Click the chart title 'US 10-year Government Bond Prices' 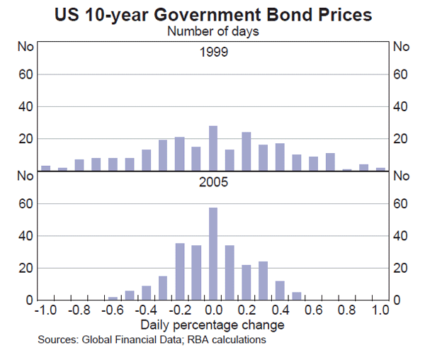click(x=212, y=13)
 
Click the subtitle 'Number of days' click(x=212, y=30)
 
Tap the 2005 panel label click(x=212, y=181)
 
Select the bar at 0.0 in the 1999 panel click(x=212, y=148)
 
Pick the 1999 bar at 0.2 click(x=246, y=151)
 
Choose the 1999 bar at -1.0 click(x=46, y=168)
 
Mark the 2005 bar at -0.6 click(x=113, y=298)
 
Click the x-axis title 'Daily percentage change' click(x=212, y=325)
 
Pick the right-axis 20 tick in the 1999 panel click(x=402, y=139)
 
